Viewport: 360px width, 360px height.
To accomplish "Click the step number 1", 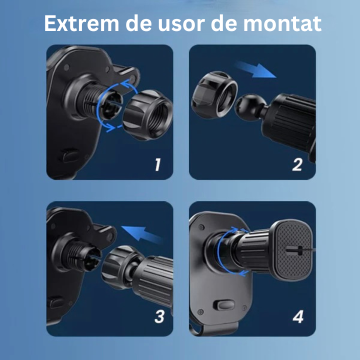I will pyautogui.click(x=157, y=164).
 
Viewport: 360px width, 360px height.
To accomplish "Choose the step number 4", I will pyautogui.click(x=298, y=316).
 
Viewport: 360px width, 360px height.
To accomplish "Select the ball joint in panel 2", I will pyautogui.click(x=248, y=106).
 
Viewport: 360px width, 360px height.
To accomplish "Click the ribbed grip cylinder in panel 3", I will pyautogui.click(x=153, y=282).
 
